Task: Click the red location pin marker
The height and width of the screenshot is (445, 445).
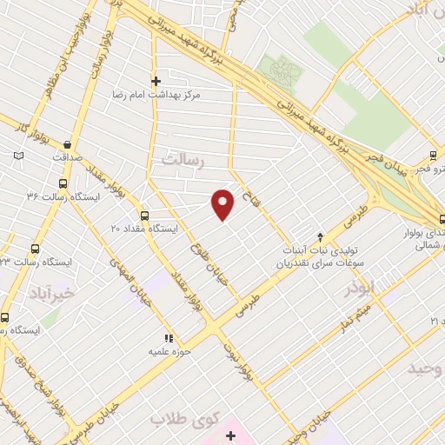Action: [x=223, y=203]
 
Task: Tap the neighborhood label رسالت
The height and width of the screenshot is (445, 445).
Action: [x=182, y=159]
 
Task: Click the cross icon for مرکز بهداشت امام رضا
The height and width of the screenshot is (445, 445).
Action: [x=156, y=81]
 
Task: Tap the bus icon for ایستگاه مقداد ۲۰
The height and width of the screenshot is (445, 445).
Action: [x=144, y=216]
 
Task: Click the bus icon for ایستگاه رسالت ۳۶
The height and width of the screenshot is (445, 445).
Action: [x=62, y=184]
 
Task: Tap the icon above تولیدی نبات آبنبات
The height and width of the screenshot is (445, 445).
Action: [x=321, y=236]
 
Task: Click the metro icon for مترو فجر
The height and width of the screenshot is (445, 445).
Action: [x=432, y=157]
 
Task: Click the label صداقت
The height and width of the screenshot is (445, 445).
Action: [x=66, y=158]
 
